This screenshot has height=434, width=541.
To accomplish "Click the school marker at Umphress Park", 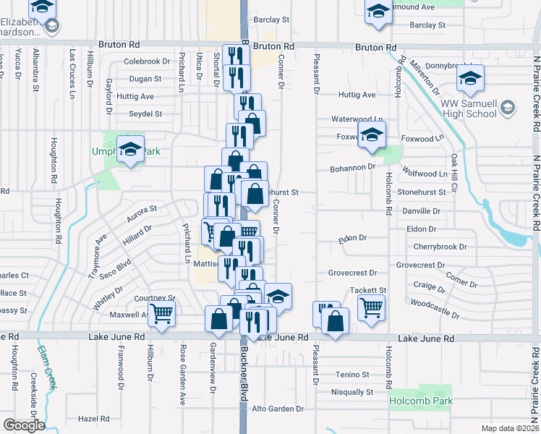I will (x=130, y=150).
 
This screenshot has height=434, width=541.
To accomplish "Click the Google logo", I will (x=24, y=425).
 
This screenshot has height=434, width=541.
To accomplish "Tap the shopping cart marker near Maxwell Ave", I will (x=160, y=314).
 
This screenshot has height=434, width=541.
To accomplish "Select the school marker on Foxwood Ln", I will (x=372, y=135).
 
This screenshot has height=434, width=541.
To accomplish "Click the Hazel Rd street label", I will (x=93, y=419).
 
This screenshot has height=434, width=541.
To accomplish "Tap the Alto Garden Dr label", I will (x=278, y=409).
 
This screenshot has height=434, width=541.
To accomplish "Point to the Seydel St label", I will (x=145, y=114).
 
